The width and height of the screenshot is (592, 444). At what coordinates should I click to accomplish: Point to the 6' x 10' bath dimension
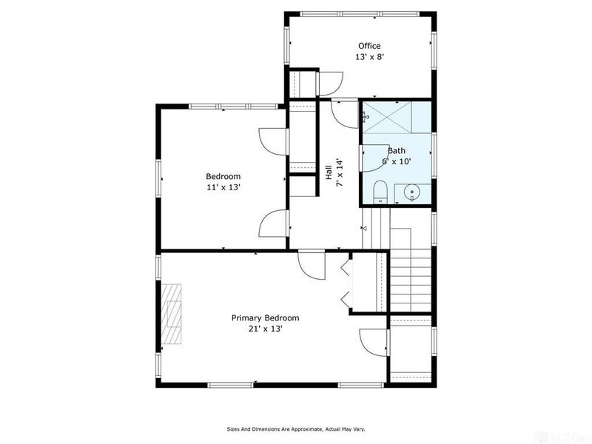pyautogui.click(x=396, y=161)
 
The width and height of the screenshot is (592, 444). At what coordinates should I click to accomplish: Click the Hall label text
pyautogui.click(x=329, y=172)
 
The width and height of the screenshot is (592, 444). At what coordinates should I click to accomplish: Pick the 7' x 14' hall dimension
pyautogui.click(x=339, y=172)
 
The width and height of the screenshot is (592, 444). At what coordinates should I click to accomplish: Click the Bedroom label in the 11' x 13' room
pyautogui.click(x=223, y=176)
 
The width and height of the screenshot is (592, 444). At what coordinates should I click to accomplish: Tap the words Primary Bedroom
pyautogui.click(x=265, y=317)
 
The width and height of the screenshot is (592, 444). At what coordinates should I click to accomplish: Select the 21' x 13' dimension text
pyautogui.click(x=265, y=329)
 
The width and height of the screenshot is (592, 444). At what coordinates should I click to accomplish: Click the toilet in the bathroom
pyautogui.click(x=380, y=192)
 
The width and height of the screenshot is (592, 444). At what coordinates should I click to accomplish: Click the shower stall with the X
pyautogui.click(x=396, y=116)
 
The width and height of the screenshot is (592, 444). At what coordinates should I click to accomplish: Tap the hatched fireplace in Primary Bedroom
pyautogui.click(x=172, y=314)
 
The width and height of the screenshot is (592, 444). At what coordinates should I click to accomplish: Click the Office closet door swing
pyautogui.click(x=330, y=81)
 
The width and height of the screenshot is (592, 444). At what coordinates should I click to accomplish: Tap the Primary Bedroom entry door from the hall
pyautogui.click(x=310, y=263)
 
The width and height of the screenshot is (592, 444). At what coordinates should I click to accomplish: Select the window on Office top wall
pyautogui.click(x=361, y=13)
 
